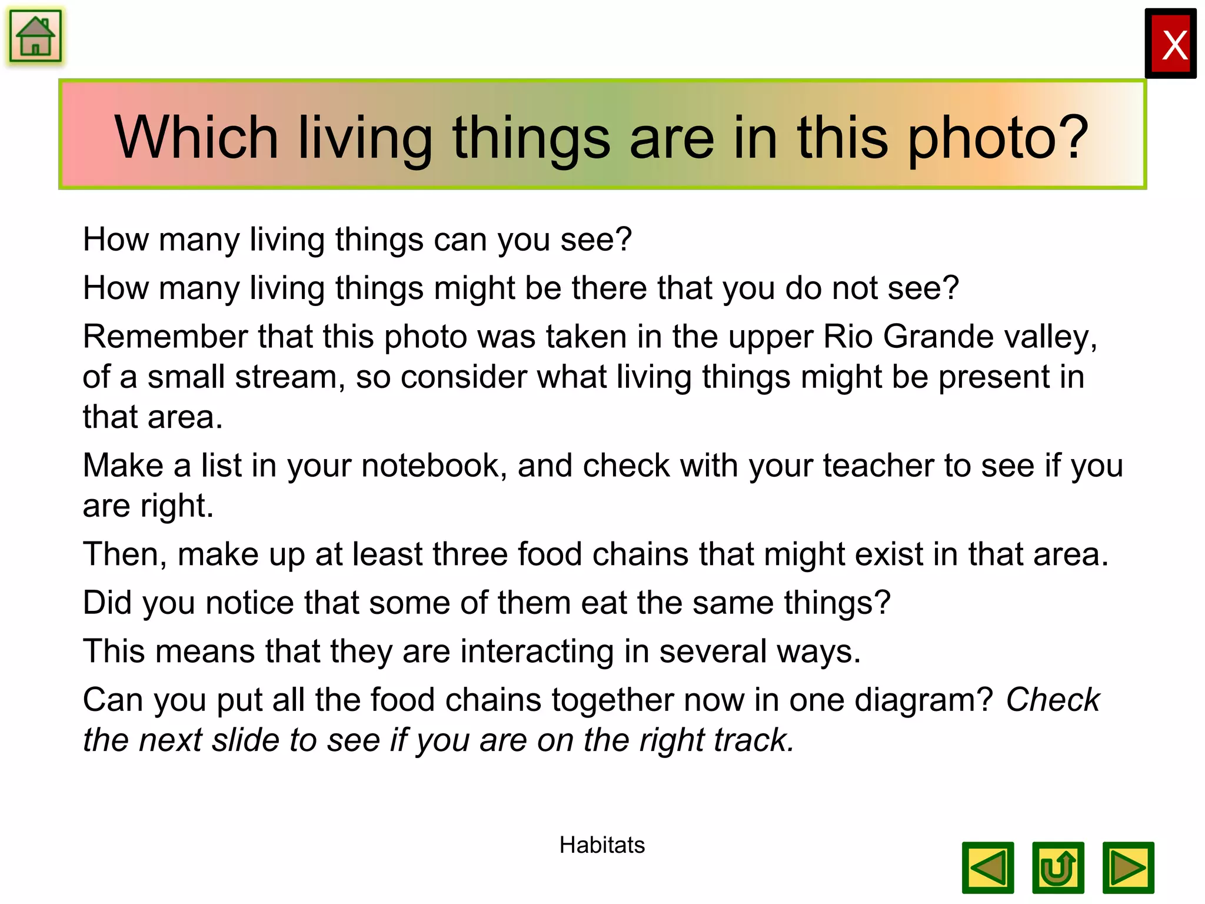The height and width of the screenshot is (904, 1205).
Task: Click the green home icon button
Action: coord(35,36)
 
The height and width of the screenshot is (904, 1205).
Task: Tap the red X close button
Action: coord(1170,44)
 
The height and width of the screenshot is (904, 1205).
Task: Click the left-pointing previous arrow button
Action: coord(987,868)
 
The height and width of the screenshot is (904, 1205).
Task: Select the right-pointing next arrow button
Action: coord(1128,868)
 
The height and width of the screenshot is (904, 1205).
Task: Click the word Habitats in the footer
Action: coord(602,845)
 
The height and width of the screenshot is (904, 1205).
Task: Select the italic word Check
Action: coord(1053,700)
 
